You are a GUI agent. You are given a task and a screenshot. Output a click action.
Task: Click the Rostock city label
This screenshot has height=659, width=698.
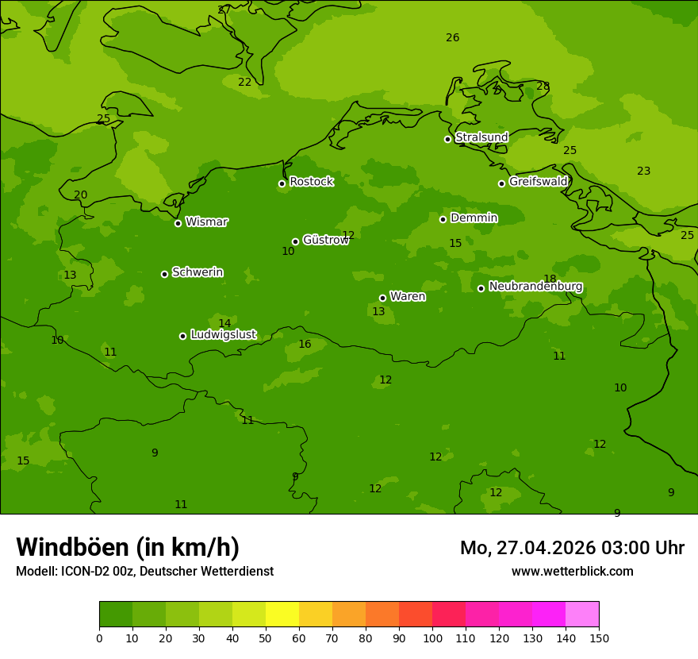point(311,182)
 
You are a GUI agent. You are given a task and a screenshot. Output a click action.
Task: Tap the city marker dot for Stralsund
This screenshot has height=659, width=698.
point(447,139)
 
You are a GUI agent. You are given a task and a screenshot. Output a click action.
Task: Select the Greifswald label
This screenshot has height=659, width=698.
point(538,182)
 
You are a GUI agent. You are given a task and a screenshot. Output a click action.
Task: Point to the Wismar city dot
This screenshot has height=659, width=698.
point(178,223)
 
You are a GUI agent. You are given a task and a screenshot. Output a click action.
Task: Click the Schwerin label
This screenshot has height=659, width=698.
point(198,272)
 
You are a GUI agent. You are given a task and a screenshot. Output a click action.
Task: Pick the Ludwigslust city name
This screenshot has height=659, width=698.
point(223,335)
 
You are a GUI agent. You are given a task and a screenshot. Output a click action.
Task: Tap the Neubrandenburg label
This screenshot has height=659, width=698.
point(535,287)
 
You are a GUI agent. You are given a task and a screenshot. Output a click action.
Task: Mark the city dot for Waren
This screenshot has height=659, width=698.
point(382,298)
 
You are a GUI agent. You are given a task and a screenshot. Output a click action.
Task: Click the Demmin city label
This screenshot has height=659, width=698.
point(474,218)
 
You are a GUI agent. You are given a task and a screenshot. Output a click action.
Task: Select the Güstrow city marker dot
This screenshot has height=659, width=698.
point(295,241)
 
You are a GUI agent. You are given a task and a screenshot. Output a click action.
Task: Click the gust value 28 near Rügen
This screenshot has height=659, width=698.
point(543,87)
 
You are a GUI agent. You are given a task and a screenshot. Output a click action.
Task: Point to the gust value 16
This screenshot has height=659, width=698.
point(305,345)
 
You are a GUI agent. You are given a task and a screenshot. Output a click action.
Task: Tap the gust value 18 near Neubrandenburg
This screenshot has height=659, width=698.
point(550,279)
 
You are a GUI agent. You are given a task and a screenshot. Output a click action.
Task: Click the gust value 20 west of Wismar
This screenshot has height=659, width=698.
point(81,195)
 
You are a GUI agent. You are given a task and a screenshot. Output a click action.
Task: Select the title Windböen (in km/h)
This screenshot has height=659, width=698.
point(128,548)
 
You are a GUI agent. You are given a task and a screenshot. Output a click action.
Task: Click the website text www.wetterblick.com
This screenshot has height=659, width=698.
point(572,572)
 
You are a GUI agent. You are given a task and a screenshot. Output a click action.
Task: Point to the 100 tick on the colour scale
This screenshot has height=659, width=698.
point(432,638)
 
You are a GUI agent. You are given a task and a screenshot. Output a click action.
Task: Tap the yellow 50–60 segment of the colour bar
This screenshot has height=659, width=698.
point(282,615)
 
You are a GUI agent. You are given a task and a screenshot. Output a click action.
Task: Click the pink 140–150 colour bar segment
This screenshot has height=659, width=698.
point(582,615)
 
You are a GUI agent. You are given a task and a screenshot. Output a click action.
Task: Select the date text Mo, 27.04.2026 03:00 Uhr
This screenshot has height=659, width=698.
point(572,549)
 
